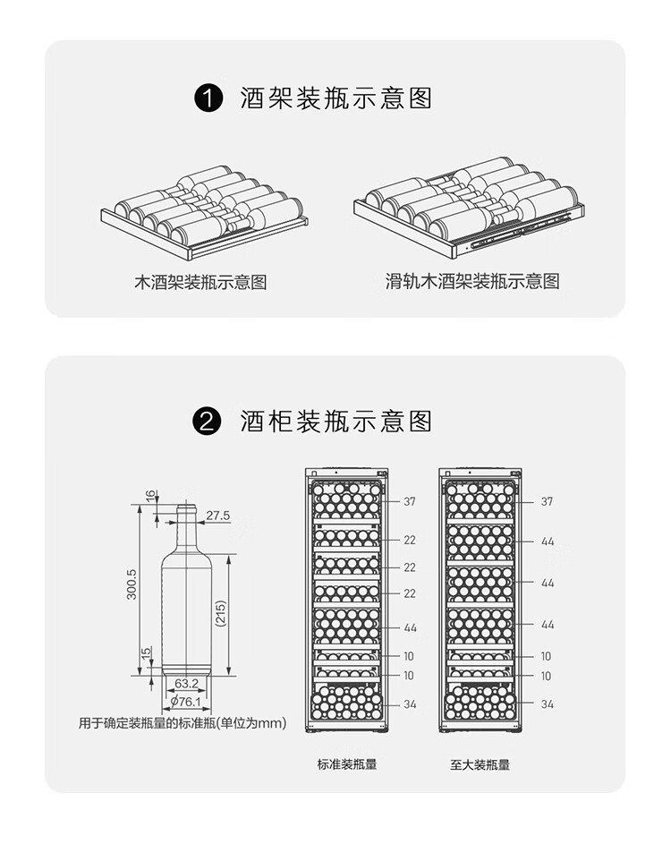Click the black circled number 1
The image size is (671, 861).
[208, 98]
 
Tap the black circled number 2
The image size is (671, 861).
[208, 421]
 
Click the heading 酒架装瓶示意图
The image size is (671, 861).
[335, 98]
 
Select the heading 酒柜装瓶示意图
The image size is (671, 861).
[335, 421]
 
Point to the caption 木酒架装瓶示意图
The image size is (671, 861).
[200, 283]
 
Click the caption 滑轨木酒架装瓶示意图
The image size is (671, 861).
[472, 282]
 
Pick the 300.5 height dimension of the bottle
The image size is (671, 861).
[132, 584]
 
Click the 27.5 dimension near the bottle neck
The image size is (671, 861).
[217, 516]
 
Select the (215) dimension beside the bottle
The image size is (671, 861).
[221, 612]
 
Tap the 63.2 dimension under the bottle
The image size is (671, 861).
[186, 684]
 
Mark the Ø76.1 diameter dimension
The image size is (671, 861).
[186, 701]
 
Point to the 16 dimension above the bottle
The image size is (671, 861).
[150, 495]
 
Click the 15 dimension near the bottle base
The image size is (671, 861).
[145, 657]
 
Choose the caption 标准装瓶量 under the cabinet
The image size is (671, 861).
[347, 764]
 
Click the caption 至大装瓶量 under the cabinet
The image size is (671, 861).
[480, 764]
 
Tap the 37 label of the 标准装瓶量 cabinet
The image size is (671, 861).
[409, 501]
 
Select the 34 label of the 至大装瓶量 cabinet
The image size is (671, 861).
[547, 704]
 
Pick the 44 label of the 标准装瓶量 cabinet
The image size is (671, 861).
[410, 628]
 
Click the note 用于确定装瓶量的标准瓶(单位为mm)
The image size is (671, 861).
[183, 723]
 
